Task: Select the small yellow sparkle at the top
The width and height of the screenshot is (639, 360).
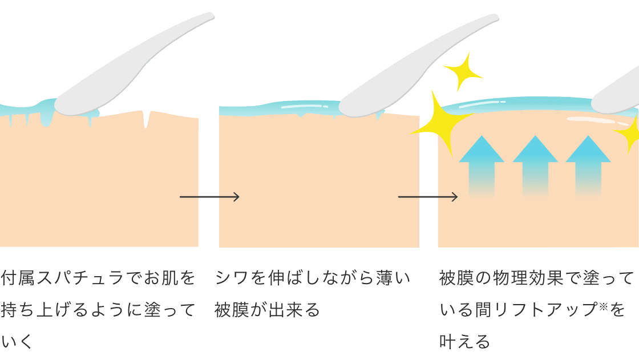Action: point(463,72)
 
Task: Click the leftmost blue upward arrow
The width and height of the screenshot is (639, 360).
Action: point(482,165)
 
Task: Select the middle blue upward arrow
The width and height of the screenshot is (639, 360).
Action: point(535,165)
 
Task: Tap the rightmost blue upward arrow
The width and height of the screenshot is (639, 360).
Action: point(588,165)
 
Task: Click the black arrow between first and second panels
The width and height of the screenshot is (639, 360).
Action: point(209,197)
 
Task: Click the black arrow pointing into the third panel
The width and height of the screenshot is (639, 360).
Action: point(428,197)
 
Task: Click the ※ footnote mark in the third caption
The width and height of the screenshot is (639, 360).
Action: point(604,306)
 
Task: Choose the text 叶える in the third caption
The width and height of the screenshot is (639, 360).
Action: point(464,342)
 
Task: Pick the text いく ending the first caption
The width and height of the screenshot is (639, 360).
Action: point(17,342)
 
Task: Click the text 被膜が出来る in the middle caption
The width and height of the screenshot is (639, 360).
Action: point(268,310)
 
